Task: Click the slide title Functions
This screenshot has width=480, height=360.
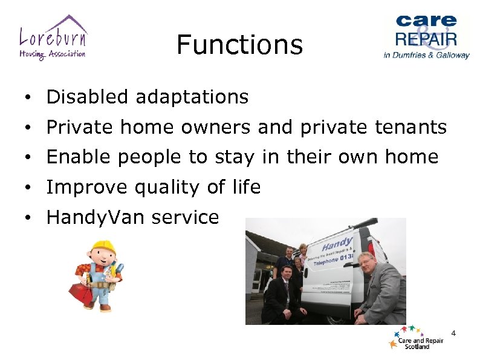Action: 239,45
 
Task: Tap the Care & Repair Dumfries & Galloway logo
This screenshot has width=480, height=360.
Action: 426,36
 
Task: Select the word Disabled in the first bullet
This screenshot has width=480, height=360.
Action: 88,97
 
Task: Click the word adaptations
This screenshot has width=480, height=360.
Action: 192,97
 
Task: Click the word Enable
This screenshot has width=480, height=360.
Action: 79,157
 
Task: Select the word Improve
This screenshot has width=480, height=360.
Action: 85,188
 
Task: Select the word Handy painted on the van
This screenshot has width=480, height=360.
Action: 337,244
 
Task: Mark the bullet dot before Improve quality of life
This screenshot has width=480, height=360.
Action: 28,188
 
